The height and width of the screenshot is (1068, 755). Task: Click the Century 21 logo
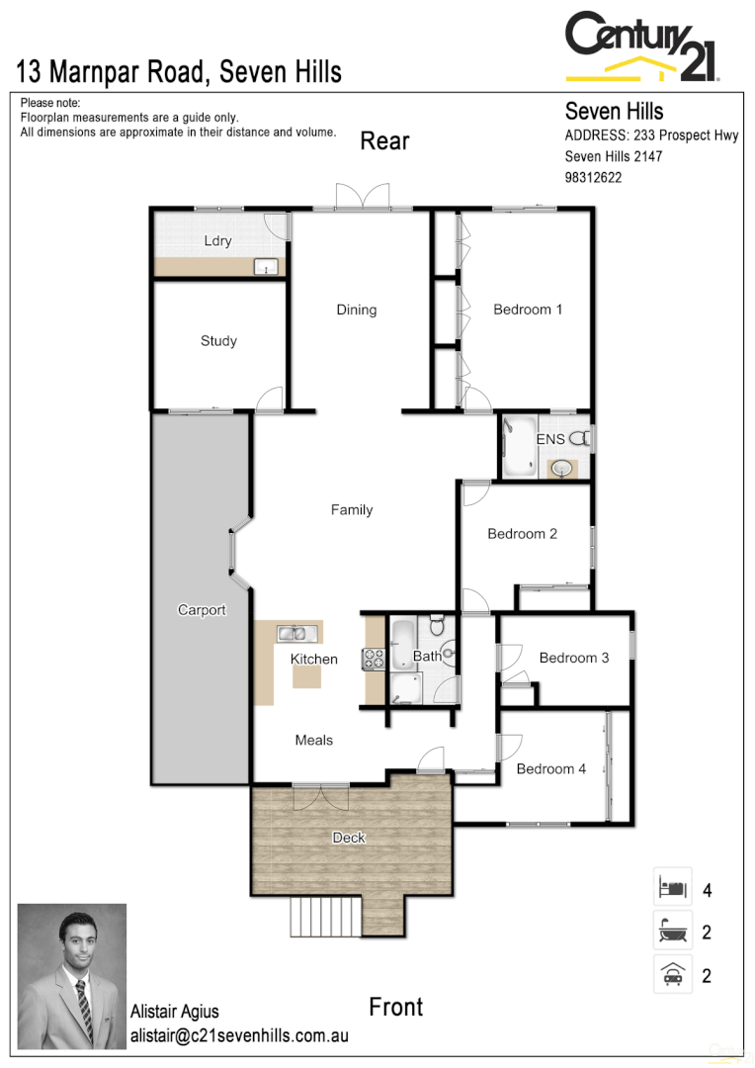coord(641,45)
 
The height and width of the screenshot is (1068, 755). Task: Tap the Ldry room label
coord(217,241)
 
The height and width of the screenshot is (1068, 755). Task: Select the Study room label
coord(218,341)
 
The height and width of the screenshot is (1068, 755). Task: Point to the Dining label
coord(356,310)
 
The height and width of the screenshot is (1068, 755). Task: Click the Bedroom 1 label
coord(528,310)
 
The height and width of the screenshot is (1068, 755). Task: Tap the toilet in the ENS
coord(579,438)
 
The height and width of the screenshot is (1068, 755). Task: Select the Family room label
coord(352,510)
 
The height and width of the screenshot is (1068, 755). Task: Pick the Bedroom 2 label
coord(522,534)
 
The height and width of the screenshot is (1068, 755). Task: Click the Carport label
coord(202,610)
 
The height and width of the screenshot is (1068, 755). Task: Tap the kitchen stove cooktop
coord(375,659)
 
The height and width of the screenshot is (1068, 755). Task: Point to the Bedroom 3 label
coord(574,658)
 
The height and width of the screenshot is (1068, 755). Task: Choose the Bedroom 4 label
coord(551,768)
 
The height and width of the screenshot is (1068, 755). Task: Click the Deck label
coord(349,838)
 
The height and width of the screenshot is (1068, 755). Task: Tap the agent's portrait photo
coord(72,975)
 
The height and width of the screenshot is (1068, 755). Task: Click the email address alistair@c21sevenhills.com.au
coord(239,1036)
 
